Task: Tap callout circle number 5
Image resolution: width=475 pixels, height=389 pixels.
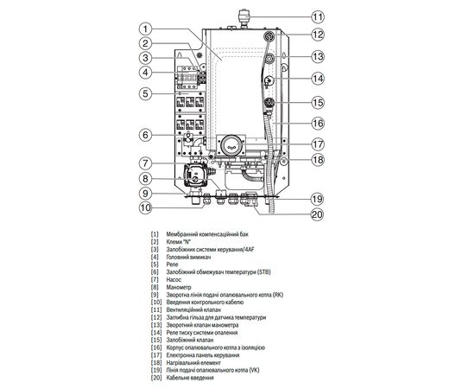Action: pyautogui.click(x=148, y=92)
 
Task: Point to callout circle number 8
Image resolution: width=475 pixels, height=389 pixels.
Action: pyautogui.click(x=148, y=179)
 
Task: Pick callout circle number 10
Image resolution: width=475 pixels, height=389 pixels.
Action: pyautogui.click(x=148, y=207)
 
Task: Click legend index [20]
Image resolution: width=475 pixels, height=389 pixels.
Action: pyautogui.click(x=155, y=379)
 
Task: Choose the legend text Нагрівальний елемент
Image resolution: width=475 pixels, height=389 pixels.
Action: pyautogui.click(x=200, y=362)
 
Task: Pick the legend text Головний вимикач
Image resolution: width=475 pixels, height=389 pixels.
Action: pyautogui.click(x=194, y=258)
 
